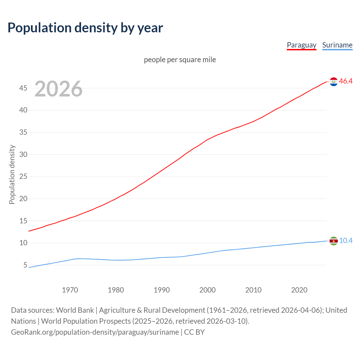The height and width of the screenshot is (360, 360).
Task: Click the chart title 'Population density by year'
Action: (x=85, y=28)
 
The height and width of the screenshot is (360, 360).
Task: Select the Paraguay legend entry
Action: (x=301, y=45)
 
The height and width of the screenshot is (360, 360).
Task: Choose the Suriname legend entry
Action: (x=337, y=45)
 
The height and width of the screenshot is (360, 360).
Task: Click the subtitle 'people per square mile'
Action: (x=180, y=60)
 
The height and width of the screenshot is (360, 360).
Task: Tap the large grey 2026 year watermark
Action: (x=58, y=89)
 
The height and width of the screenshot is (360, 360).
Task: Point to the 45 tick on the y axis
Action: (x=23, y=88)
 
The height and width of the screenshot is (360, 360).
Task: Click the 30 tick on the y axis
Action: (x=23, y=154)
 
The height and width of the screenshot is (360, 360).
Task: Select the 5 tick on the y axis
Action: (x=25, y=265)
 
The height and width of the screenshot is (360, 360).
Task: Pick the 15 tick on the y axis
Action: (x=23, y=221)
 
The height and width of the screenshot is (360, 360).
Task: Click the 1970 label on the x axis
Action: (x=70, y=290)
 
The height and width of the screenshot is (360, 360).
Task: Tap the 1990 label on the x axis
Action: (x=161, y=290)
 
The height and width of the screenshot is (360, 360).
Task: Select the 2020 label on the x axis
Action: (x=299, y=290)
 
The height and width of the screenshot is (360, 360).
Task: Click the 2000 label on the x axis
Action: (x=207, y=290)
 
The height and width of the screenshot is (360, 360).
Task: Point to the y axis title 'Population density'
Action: (x=12, y=174)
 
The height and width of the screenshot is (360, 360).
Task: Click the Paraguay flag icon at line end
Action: (x=334, y=82)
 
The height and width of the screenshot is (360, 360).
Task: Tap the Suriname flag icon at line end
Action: (x=334, y=241)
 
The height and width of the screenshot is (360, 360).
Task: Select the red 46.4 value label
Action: (x=346, y=81)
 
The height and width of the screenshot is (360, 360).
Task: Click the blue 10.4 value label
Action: (x=346, y=241)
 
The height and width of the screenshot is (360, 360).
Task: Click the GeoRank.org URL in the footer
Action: (x=95, y=332)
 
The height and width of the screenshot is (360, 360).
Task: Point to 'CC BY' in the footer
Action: (x=194, y=332)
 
